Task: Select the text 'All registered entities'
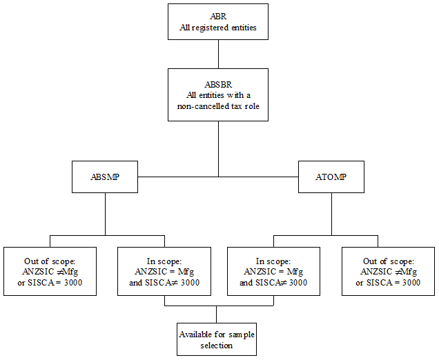(x=218, y=28)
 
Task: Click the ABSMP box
(x=105, y=177)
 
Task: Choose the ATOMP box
(x=331, y=177)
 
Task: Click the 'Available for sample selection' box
(x=216, y=339)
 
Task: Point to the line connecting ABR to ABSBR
(x=218, y=54)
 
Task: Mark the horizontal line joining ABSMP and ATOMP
(x=218, y=177)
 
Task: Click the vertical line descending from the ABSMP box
(x=105, y=213)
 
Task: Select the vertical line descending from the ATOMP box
(x=331, y=213)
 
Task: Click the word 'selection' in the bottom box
(x=216, y=345)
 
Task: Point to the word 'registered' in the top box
(x=214, y=28)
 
